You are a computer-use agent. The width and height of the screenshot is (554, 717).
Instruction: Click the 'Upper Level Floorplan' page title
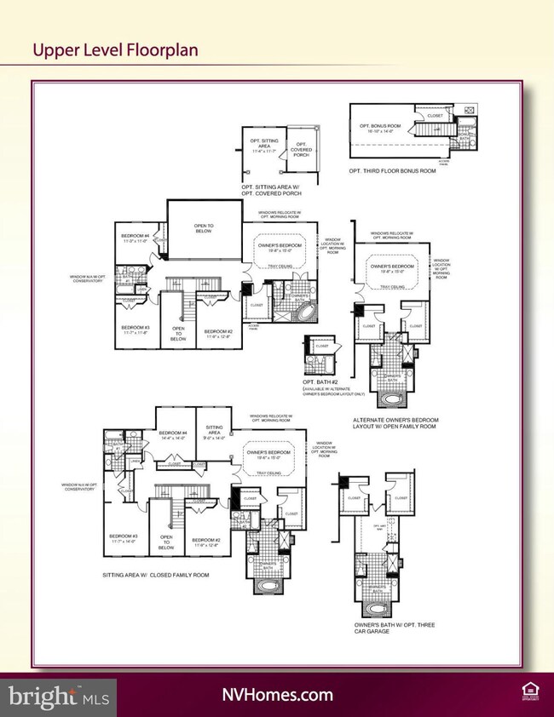(115, 49)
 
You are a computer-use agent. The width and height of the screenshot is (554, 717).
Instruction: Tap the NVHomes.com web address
(277, 695)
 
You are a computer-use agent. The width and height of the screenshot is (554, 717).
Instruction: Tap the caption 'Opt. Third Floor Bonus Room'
(392, 170)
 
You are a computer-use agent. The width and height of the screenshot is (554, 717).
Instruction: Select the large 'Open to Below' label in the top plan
(204, 227)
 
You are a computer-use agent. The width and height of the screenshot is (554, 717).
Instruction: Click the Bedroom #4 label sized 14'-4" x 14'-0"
(172, 434)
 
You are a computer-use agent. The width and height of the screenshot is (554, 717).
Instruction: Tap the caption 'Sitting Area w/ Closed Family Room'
(154, 575)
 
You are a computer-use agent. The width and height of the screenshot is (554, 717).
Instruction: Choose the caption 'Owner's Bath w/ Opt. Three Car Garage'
(394, 628)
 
